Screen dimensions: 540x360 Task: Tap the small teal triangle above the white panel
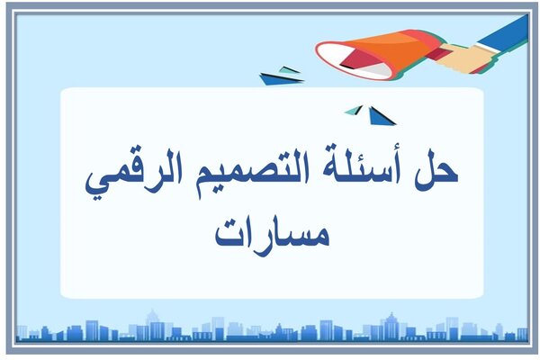click(289, 69)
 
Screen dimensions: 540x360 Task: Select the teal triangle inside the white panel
click(354, 110)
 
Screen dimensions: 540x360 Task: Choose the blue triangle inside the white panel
click(381, 116)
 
